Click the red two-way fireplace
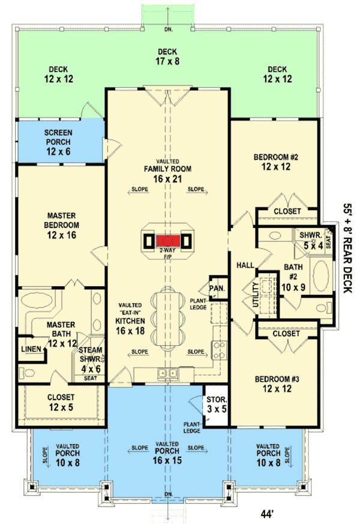click(169, 241)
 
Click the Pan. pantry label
click(217, 288)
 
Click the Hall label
click(244, 265)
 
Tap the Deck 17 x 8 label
click(169, 56)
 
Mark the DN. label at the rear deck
click(169, 29)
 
